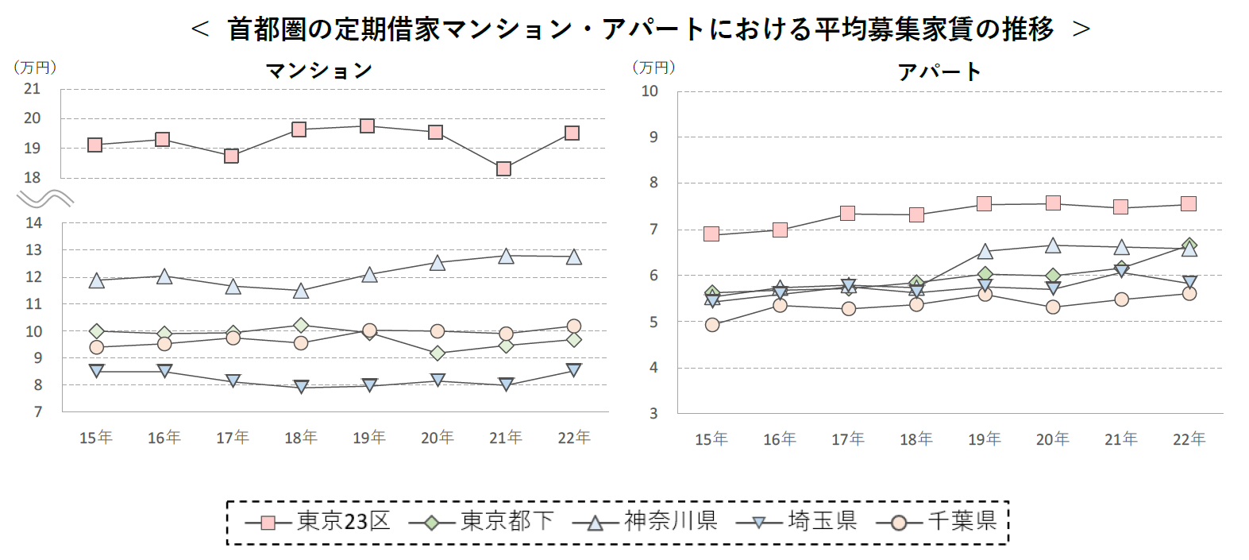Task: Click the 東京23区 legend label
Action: (x=343, y=521)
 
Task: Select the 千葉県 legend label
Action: (x=962, y=521)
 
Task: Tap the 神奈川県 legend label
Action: (x=670, y=521)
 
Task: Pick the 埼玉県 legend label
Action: (x=822, y=521)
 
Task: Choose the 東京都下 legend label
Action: (x=507, y=521)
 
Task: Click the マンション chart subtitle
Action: (x=318, y=71)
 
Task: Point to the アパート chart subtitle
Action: (x=939, y=72)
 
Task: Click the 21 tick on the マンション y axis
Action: (x=32, y=89)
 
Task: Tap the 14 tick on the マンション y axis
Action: (x=33, y=223)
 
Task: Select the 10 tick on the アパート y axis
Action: (x=650, y=91)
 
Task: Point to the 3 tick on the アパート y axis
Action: (x=653, y=413)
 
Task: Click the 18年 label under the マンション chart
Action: (x=300, y=438)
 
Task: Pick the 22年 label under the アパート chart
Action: (x=1189, y=439)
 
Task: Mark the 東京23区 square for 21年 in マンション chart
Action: (x=503, y=168)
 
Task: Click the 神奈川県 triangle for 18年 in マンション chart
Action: (x=301, y=291)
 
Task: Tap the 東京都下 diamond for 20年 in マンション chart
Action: (x=437, y=353)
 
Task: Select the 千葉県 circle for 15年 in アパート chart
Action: (x=712, y=324)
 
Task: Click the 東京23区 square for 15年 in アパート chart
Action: (x=711, y=234)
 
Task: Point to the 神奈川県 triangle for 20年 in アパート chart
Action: (x=1053, y=245)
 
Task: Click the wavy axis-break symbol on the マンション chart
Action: (x=45, y=198)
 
